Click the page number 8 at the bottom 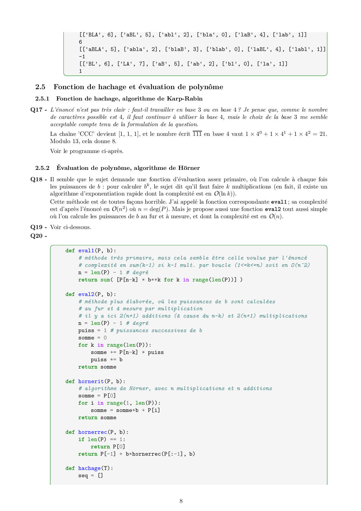pos(181,501)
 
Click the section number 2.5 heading pos(40,87)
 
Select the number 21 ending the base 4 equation pos(323,134)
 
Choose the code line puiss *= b pos(107,360)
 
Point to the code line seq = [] pos(91,475)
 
